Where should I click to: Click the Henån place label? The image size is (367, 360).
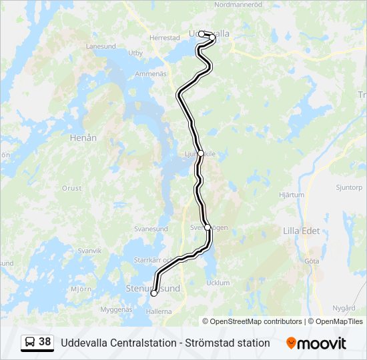(x=83, y=138)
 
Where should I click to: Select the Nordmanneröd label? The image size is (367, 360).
(x=239, y=4)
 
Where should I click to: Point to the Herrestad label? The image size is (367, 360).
(x=165, y=38)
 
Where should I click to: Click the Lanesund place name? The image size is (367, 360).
(x=101, y=46)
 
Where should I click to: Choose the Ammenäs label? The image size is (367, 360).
(x=150, y=73)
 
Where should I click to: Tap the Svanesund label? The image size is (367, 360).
(x=150, y=229)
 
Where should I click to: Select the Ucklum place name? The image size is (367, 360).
(x=218, y=283)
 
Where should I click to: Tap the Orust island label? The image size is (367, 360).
(x=72, y=188)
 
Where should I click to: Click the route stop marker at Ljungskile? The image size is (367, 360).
(x=201, y=153)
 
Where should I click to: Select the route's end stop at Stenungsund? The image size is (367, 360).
(x=154, y=293)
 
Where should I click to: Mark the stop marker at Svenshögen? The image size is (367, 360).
(x=208, y=227)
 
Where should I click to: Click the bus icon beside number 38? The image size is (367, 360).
(x=30, y=342)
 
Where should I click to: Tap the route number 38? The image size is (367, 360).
(x=45, y=342)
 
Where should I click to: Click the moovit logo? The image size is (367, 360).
(x=316, y=343)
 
